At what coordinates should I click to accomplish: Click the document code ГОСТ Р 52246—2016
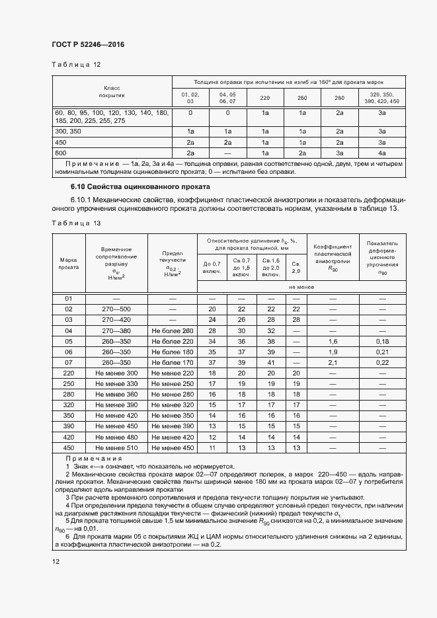[x=88, y=45]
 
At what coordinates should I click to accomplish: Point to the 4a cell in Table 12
[x=381, y=153]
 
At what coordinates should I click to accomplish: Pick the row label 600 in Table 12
[x=61, y=153]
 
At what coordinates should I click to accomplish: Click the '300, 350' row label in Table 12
[x=69, y=132]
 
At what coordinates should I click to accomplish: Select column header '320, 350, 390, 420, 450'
[x=381, y=98]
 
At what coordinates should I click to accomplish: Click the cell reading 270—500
[x=116, y=309]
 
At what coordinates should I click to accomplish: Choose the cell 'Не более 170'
[x=172, y=362]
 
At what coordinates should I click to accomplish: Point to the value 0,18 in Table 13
[x=382, y=341]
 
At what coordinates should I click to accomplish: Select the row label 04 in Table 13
[x=68, y=330]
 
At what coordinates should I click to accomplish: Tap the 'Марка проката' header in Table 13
[x=69, y=264]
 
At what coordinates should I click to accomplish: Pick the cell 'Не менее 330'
[x=116, y=383]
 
